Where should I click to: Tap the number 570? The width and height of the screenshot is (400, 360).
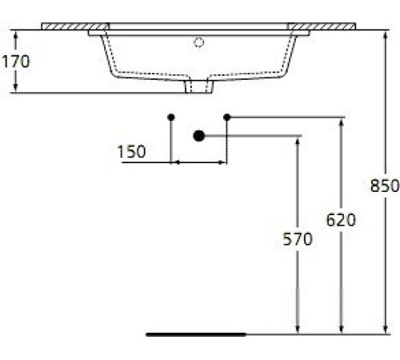tap(298, 238)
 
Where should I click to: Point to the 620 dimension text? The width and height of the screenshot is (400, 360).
tap(341, 218)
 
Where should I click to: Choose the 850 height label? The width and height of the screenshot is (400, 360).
tap(385, 186)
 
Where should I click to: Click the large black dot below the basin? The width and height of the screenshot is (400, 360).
tap(199, 136)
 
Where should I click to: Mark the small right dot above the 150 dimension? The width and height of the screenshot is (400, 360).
tap(227, 118)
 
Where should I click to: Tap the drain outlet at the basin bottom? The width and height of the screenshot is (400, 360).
tap(199, 87)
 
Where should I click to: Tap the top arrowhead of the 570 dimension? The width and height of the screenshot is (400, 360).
tap(298, 140)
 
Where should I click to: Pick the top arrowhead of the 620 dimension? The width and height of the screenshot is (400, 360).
tap(342, 122)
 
